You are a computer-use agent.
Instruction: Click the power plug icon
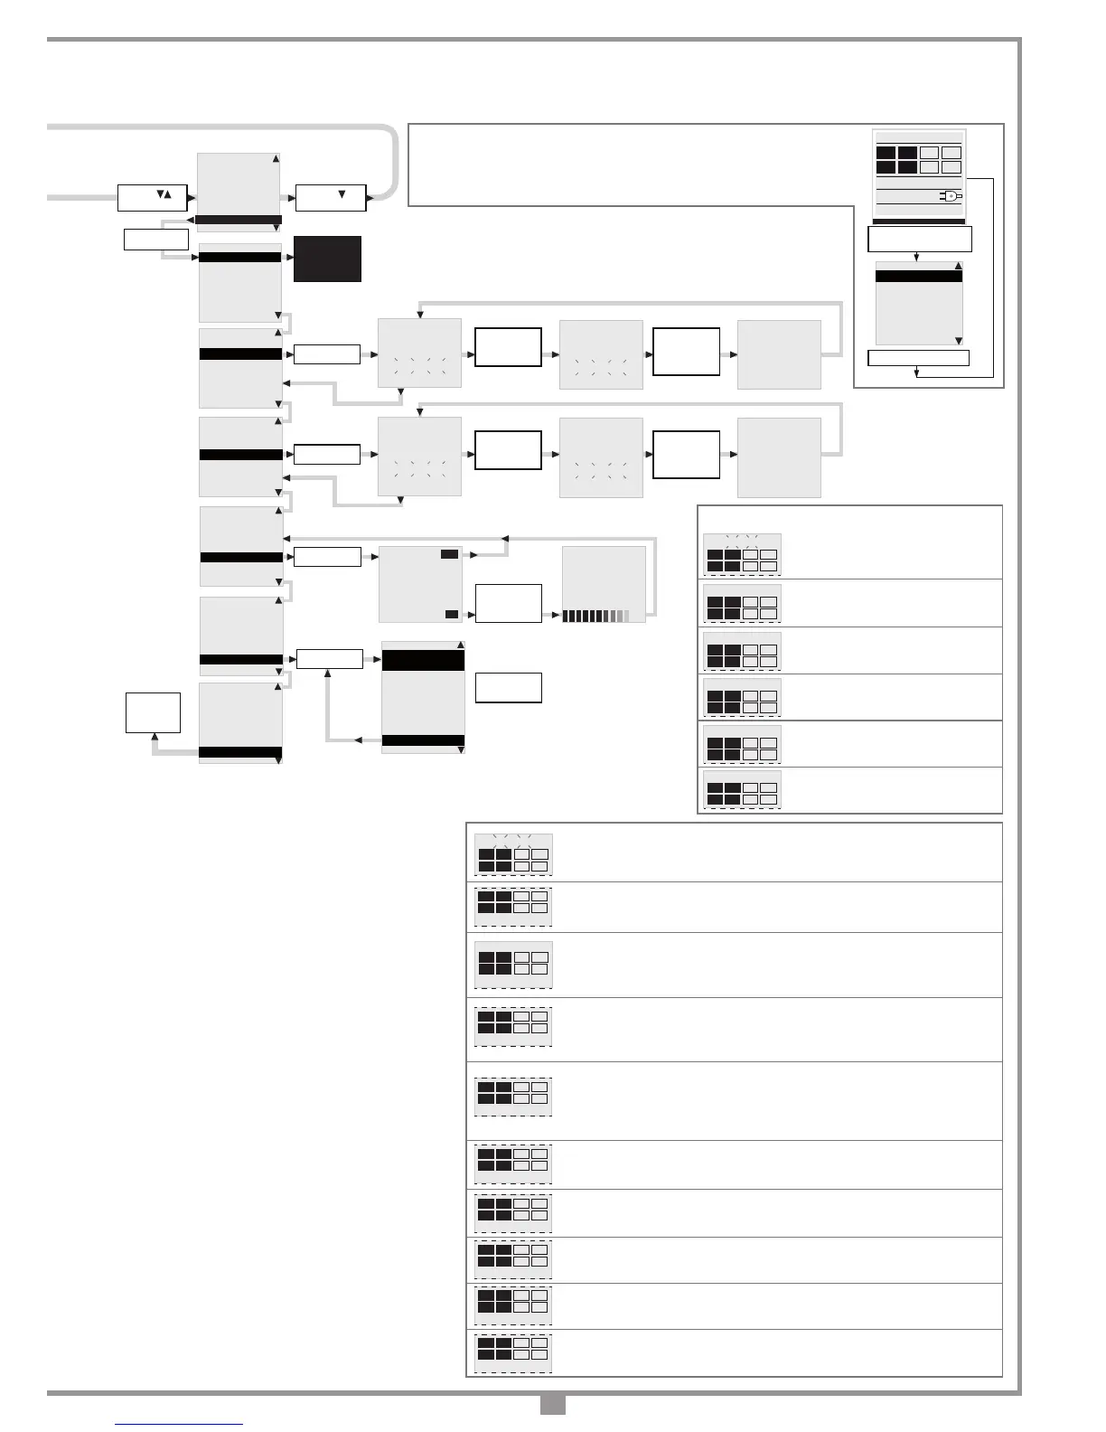[951, 195]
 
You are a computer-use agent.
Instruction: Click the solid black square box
[327, 259]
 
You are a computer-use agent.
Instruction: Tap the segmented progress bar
[595, 616]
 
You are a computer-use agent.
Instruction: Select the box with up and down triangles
[152, 197]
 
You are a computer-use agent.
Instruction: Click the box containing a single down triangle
[331, 197]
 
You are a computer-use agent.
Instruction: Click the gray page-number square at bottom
[552, 1404]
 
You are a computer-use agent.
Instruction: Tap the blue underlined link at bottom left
[179, 1424]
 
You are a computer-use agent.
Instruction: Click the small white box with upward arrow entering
[154, 712]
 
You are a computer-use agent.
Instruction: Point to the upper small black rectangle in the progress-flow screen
[449, 553]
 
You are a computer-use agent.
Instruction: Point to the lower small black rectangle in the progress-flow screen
[452, 614]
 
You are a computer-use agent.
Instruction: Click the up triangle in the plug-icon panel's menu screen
[959, 267]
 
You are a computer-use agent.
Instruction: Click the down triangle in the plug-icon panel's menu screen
[959, 341]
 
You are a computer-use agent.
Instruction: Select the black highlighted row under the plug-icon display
[919, 277]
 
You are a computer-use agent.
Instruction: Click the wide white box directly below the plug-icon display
[919, 239]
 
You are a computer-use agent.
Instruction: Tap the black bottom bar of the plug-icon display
[919, 221]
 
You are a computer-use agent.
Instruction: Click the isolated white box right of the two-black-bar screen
[509, 687]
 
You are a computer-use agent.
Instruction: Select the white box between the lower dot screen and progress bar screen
[509, 602]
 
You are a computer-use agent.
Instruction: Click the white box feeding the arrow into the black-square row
[155, 240]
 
